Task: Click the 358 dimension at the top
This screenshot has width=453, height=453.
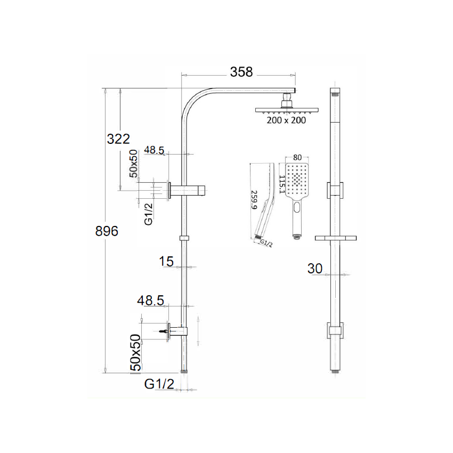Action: coord(241,72)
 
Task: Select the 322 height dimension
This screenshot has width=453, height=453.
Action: coord(118,139)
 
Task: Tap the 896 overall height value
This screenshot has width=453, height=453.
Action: coord(106,231)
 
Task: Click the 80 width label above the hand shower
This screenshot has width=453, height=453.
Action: coord(297,158)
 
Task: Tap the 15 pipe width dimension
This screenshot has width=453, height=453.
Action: coord(166,261)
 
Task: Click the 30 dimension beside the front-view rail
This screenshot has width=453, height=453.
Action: coord(315,269)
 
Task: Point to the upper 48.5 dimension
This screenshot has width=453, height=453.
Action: coord(153,150)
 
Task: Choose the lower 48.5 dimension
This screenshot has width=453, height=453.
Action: coord(150,301)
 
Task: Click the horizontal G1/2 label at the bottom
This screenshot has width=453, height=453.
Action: coord(159,383)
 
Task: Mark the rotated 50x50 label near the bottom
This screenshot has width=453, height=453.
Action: coord(136,352)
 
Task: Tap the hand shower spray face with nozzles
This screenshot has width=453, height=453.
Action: coord(297,180)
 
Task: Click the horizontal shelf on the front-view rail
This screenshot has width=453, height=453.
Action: coord(335,237)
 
